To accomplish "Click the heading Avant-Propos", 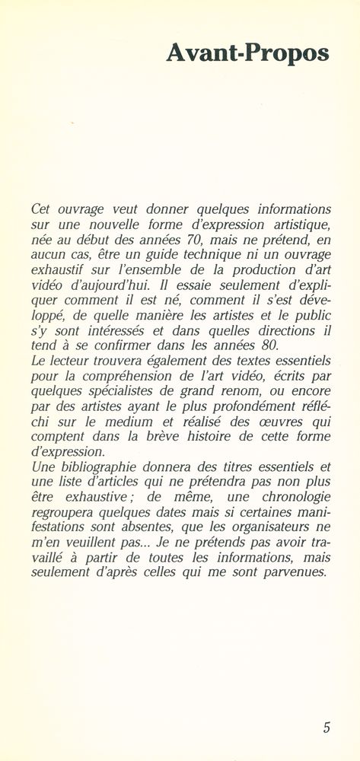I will (x=247, y=54).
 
